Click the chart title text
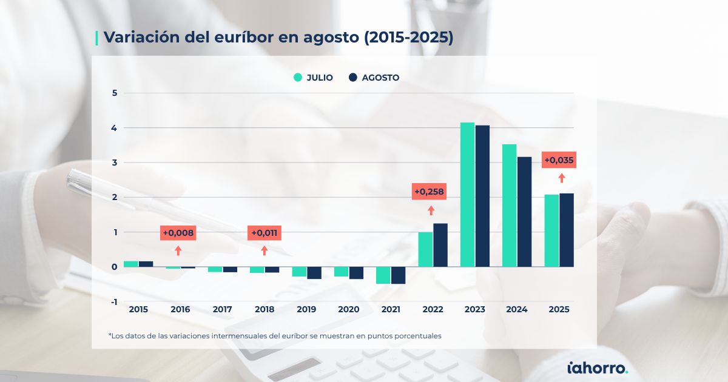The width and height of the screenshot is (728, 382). click(x=278, y=37)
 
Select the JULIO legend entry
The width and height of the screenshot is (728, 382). click(x=313, y=78)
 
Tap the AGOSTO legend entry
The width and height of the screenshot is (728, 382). click(x=374, y=78)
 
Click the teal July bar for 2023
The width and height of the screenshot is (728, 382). click(x=467, y=194)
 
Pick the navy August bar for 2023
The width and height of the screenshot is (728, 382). click(x=482, y=196)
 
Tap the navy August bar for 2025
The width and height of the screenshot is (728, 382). click(x=567, y=230)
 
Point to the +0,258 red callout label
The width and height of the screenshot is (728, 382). click(x=429, y=192)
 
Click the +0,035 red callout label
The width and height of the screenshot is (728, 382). click(x=559, y=160)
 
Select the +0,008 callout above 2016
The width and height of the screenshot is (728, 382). click(x=178, y=233)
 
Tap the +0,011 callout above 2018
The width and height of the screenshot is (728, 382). click(x=264, y=233)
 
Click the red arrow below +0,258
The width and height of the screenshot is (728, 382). click(x=431, y=210)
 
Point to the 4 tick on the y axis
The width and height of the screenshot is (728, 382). click(x=114, y=128)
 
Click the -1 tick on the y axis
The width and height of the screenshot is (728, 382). click(x=113, y=301)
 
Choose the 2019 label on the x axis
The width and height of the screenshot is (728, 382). click(x=306, y=309)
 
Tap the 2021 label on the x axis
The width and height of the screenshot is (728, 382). click(x=391, y=309)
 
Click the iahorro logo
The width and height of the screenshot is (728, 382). click(x=597, y=367)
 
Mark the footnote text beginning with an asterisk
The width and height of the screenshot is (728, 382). click(x=275, y=335)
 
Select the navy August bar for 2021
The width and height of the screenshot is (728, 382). click(x=398, y=275)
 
